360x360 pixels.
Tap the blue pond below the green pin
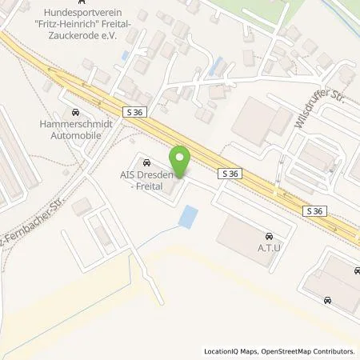click(x=189, y=215)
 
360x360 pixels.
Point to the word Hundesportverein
click(x=113, y=13)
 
